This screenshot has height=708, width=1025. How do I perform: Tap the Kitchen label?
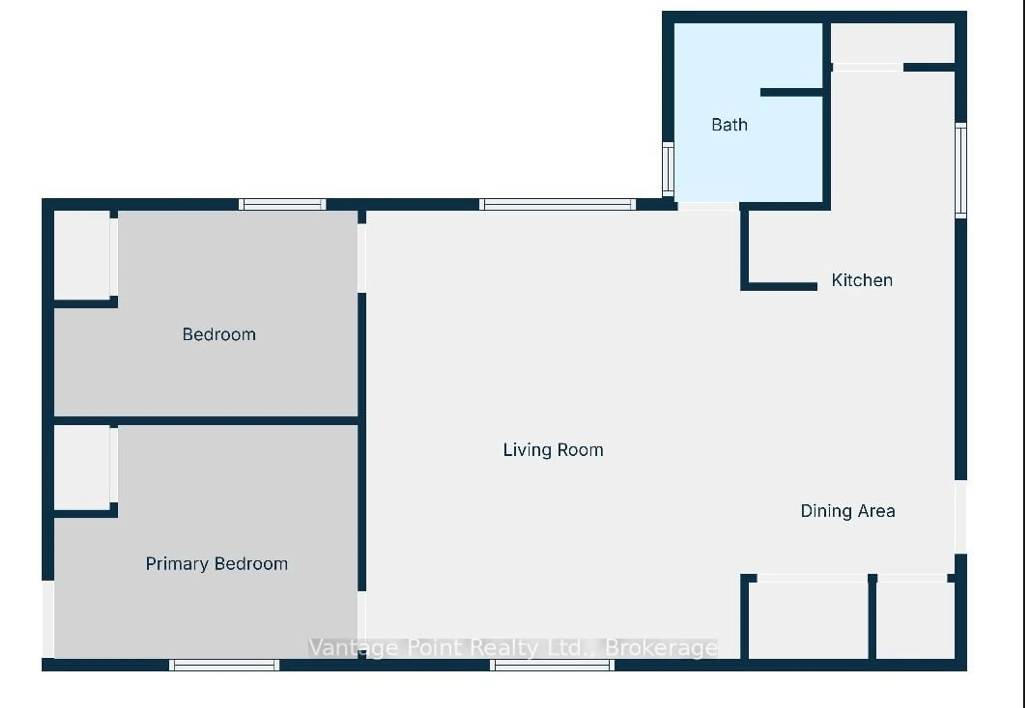tap(862, 280)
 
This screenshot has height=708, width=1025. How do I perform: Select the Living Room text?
tap(553, 450)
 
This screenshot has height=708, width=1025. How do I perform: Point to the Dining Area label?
tap(847, 511)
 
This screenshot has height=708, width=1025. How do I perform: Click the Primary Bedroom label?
tap(216, 564)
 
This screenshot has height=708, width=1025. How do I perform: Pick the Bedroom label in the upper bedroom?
tap(219, 334)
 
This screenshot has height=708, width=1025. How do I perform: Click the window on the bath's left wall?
tap(668, 169)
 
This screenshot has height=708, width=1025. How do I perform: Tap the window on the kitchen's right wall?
tap(961, 170)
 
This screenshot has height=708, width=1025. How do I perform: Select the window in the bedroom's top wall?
tap(282, 204)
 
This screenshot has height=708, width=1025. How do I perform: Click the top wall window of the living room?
tap(557, 204)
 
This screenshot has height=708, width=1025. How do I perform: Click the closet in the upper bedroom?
tap(82, 255)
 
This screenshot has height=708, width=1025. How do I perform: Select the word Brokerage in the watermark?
tap(661, 648)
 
